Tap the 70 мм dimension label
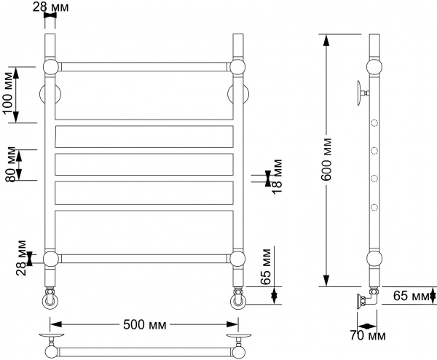pos(367,336)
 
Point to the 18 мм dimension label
pos(278,176)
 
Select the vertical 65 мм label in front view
pos(266,268)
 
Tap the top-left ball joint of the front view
pos(51,67)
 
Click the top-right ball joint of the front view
pos(237,67)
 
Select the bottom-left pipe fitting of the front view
pos(50,299)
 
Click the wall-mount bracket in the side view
pos(361,93)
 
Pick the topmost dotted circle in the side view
pos(374,122)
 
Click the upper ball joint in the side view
pos(373,68)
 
